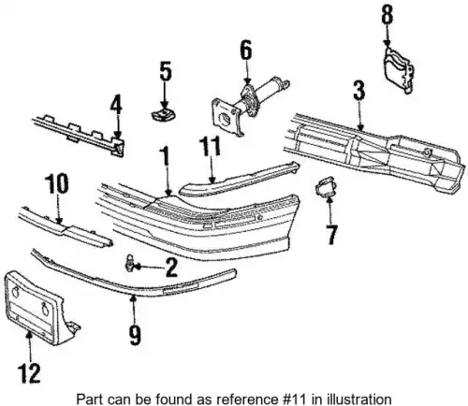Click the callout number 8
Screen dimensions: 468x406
click(388, 15)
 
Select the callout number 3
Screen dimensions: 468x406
click(359, 91)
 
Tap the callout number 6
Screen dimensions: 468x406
click(246, 50)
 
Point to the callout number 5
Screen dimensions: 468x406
click(166, 71)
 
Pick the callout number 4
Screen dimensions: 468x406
click(116, 106)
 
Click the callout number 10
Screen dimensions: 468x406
click(56, 183)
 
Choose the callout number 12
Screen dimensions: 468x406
click(29, 373)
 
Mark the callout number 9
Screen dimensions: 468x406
click(135, 335)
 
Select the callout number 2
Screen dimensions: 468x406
click(171, 268)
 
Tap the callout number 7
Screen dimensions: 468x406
click(331, 235)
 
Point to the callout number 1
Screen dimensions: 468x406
click(166, 156)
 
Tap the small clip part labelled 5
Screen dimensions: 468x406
click(163, 114)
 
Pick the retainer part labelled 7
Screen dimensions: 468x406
click(327, 186)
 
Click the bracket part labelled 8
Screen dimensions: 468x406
click(399, 70)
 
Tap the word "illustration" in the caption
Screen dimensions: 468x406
click(359, 399)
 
